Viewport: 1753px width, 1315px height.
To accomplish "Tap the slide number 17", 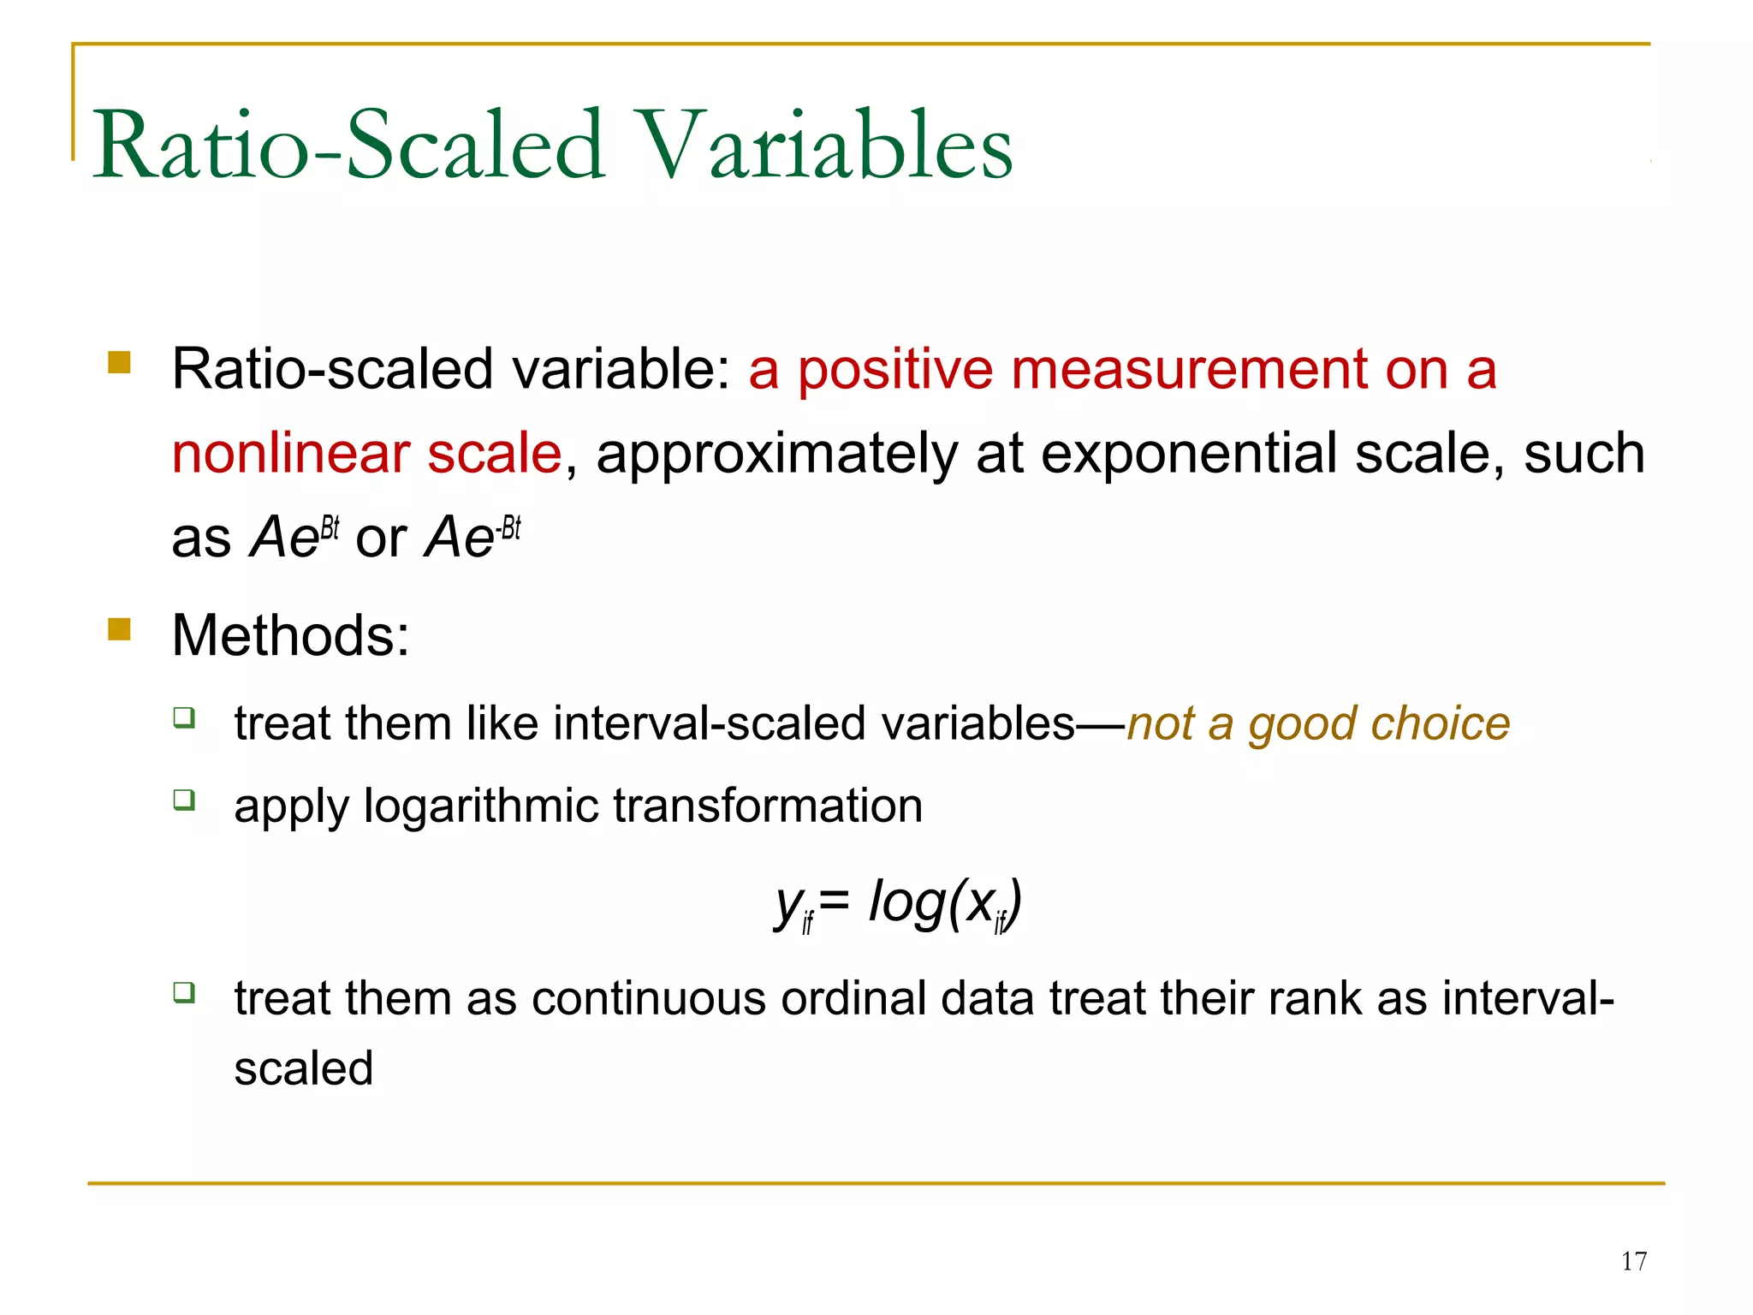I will (1633, 1261).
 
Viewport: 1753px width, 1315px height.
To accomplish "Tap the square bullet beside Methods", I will (119, 630).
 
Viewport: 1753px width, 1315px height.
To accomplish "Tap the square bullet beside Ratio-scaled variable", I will (119, 363).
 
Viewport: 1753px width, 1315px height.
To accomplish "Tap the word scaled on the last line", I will (304, 1068).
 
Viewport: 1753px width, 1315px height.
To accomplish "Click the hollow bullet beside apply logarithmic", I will (184, 800).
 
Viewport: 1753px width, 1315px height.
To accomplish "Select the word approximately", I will (777, 455).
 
